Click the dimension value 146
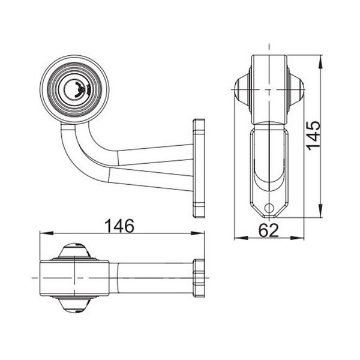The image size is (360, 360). [119, 226]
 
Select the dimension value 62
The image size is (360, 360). [268, 230]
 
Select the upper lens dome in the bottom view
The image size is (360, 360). [74, 250]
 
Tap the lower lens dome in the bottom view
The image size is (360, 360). [74, 305]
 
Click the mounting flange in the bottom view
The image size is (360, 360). [199, 278]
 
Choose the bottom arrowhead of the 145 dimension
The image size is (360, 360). [324, 220]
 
